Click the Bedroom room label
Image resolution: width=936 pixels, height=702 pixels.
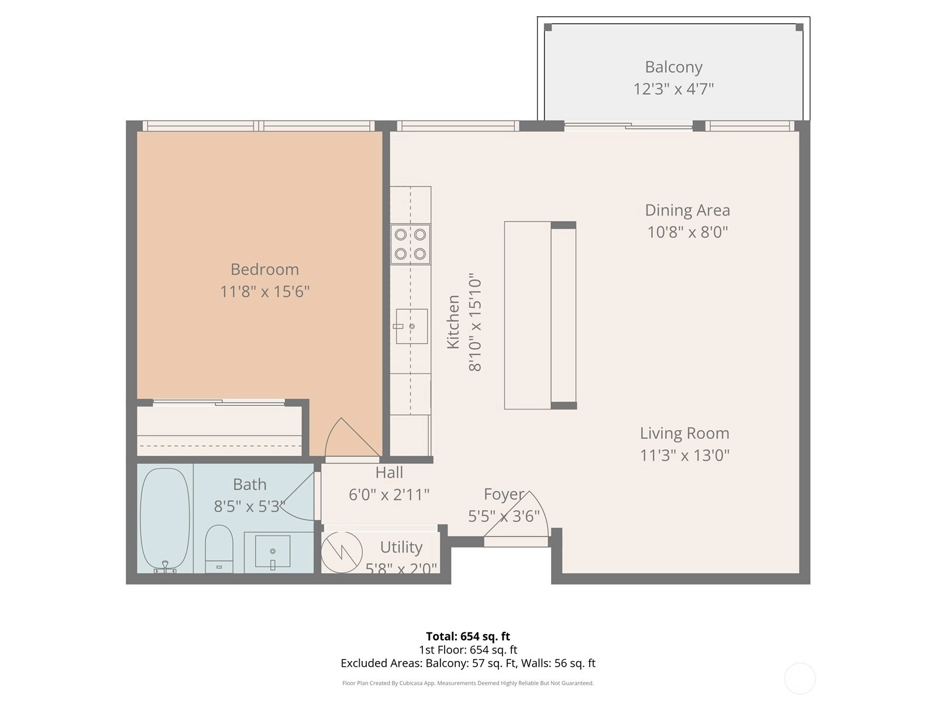click(264, 269)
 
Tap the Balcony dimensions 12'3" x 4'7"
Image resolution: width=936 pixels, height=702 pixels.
click(673, 89)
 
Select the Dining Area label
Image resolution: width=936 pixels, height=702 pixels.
click(687, 210)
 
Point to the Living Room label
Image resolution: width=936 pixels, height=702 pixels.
click(684, 433)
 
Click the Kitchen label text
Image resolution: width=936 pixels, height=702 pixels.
click(453, 322)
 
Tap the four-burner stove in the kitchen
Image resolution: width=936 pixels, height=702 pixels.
click(410, 244)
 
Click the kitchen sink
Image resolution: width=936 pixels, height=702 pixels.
click(411, 326)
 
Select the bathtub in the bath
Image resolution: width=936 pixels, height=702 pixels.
click(164, 519)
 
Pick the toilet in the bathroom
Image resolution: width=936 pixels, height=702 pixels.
click(219, 549)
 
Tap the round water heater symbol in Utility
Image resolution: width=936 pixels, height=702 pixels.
click(342, 552)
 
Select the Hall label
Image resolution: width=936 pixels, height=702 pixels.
click(389, 473)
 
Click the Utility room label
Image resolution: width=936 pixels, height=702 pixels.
click(401, 548)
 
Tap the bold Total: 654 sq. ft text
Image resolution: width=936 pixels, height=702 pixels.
click(468, 636)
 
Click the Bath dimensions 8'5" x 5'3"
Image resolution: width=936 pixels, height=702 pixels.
click(249, 507)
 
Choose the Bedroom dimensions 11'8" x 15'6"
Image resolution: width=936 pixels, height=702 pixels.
click(264, 292)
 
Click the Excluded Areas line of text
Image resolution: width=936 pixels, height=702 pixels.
click(468, 663)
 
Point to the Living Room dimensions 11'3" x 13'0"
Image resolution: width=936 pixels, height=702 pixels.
click(684, 456)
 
